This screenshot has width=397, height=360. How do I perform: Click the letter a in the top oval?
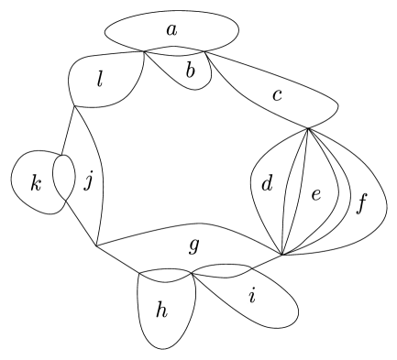tap(171, 29)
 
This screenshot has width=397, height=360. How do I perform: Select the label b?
tap(191, 70)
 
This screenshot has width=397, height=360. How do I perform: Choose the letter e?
tap(315, 195)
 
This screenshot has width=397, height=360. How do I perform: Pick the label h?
tap(162, 311)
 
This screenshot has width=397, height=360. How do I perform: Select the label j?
tap(88, 181)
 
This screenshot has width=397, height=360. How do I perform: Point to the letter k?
tap(37, 184)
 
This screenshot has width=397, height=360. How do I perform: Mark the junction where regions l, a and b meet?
tap(144, 53)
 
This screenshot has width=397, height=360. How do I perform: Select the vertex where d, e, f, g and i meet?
tap(282, 254)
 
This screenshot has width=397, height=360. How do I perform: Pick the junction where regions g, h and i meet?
tap(191, 271)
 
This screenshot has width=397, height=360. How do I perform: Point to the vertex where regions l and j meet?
tap(73, 107)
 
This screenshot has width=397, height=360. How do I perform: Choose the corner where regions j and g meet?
tap(95, 246)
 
